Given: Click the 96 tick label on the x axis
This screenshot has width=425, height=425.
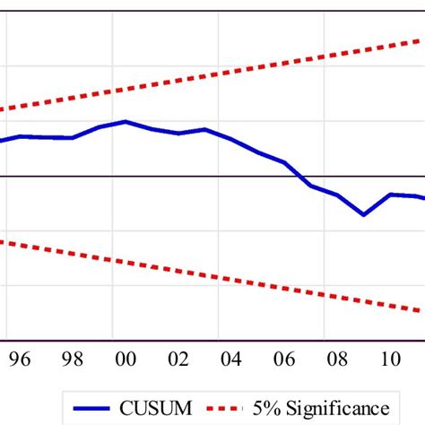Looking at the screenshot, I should (20, 360).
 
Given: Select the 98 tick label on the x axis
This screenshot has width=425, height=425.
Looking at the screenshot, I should (73, 360).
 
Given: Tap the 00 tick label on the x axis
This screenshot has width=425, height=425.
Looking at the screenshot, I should (126, 360).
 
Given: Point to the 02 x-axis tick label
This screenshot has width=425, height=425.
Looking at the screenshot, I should (178, 360).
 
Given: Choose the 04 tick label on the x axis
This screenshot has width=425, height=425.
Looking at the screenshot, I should (231, 360).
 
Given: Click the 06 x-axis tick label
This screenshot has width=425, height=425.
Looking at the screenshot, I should (284, 360).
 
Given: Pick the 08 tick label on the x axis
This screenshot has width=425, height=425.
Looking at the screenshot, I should (337, 360).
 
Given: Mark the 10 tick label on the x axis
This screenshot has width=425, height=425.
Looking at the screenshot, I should (390, 360).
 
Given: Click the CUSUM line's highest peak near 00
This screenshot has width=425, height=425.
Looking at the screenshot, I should (126, 121).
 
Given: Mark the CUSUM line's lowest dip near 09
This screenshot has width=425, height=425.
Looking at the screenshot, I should (363, 214).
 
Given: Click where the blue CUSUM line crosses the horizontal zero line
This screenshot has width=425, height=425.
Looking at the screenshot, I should (301, 177).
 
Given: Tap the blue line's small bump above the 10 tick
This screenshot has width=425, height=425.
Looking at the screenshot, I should (390, 194).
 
